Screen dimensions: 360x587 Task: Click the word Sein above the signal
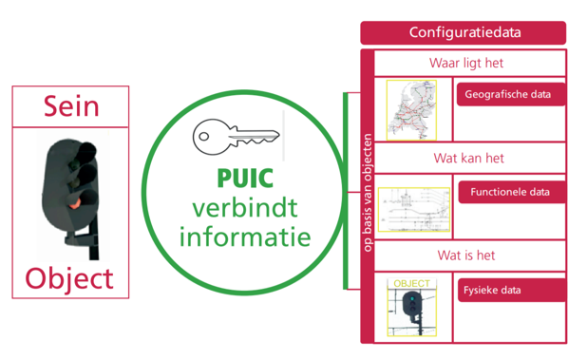pos(70,105)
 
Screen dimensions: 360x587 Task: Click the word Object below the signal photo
pos(69,278)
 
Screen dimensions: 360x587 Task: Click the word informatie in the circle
pos(246,235)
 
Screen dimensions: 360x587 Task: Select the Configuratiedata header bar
pos(463,33)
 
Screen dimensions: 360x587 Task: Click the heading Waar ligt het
pos(465,64)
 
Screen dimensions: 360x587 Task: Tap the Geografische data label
pos(511,95)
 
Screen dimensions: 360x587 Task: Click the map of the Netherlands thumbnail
pos(410,109)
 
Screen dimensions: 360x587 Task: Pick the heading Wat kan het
pos(465,159)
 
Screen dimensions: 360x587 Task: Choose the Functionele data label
pos(511,192)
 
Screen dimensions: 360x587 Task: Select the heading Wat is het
pos(465,256)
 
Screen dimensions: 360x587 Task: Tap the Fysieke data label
pos(511,290)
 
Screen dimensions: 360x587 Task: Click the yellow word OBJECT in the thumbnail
pos(411,283)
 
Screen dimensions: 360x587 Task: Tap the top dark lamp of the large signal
pos(85,151)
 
